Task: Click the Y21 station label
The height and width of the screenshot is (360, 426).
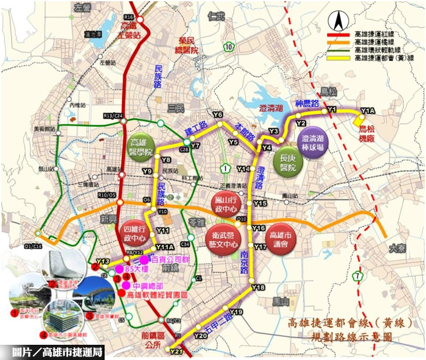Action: (x=176, y=351)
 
